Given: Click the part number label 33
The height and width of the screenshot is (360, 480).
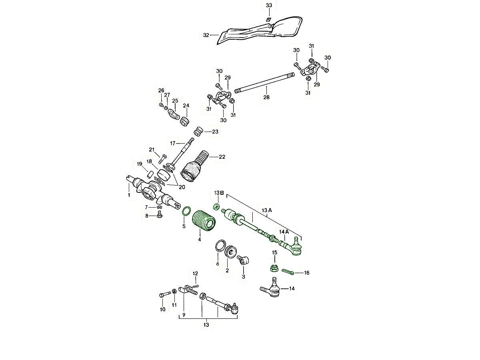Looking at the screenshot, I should coord(269,5).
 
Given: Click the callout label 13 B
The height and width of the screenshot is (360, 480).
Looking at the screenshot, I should coord(218,193).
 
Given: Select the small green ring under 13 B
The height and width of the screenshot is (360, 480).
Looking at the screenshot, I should coord(217,207).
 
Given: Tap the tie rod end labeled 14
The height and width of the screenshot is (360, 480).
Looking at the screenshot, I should coord(272,290).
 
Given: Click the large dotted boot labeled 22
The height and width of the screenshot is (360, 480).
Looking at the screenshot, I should coord(193,168).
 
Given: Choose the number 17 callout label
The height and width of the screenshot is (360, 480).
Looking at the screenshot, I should coord(173,143).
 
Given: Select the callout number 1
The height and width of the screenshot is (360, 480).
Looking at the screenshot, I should coord(129,195).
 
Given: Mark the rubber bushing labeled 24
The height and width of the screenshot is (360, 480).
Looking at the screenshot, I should coord(185,120).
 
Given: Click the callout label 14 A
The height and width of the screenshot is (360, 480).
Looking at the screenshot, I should coord(284,232).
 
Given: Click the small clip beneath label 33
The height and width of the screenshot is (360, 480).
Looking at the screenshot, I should coord(269,20).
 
